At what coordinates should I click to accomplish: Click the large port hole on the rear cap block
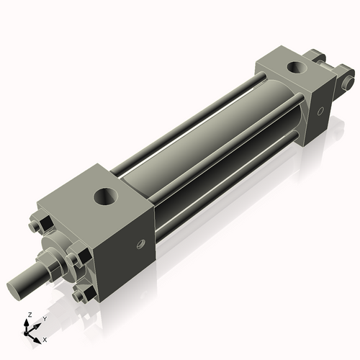[296, 68]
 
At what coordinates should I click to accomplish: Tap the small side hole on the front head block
[141, 245]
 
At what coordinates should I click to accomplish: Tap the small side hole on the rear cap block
[320, 112]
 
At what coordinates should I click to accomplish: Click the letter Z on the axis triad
[29, 315]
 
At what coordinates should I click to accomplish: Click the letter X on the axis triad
[45, 338]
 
